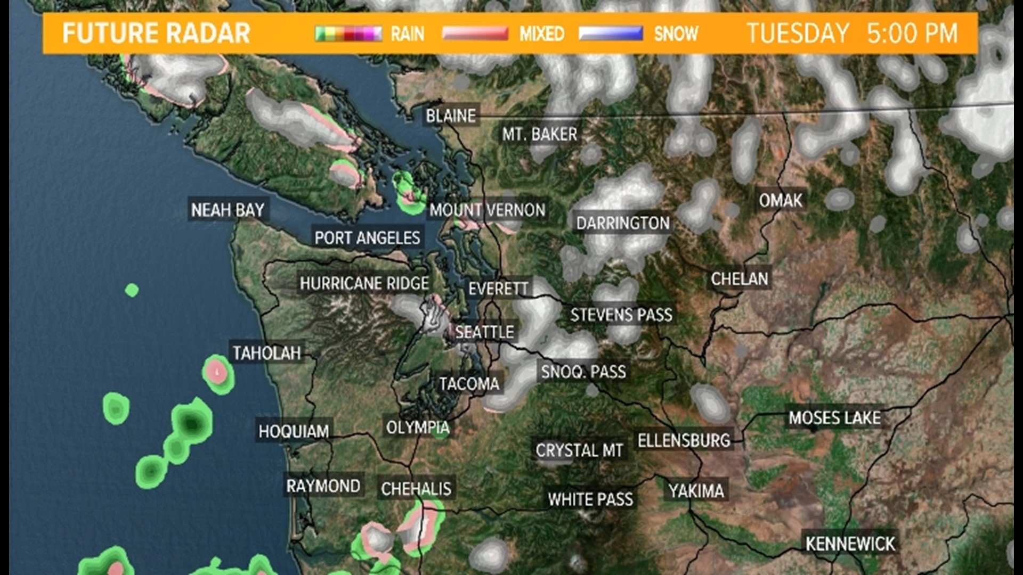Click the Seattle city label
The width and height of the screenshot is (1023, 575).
484,332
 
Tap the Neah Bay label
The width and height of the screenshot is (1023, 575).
228,210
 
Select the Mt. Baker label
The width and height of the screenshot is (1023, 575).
539,134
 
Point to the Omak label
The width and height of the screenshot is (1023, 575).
781,201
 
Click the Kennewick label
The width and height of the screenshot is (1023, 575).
850,544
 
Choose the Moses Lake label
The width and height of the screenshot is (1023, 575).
834,418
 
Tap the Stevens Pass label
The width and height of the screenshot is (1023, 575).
621,315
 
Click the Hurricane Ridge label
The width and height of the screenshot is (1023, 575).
364,283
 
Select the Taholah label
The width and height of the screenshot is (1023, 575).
266,352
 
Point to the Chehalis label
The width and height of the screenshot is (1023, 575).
416,489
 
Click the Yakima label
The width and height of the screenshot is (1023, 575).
696,491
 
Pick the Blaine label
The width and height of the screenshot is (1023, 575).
451,116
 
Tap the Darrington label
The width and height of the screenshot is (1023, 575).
623,223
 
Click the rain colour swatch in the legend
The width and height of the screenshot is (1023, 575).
348,34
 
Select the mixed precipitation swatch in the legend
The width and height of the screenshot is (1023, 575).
475,34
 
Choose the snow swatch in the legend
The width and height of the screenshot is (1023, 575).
611,34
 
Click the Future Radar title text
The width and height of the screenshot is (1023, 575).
156,33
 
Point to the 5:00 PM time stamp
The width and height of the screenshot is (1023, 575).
912,33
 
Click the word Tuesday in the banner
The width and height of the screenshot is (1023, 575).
798,33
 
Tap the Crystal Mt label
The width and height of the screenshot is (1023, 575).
579,450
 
